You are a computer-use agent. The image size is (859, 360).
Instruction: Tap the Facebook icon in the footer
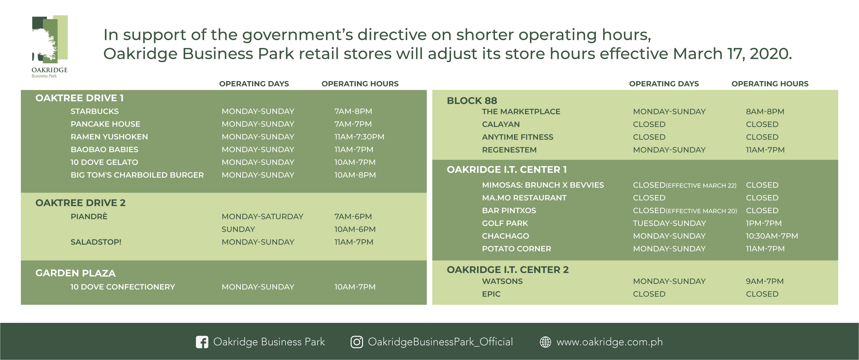202,342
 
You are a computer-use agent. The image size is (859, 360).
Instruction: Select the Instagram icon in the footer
356,342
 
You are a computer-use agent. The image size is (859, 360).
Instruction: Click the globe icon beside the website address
546,342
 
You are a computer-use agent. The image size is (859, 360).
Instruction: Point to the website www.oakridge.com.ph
610,342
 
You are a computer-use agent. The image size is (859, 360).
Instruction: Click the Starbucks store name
94,111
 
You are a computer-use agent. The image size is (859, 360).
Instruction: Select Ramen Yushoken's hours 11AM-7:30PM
359,137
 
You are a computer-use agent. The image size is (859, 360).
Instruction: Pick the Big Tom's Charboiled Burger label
137,175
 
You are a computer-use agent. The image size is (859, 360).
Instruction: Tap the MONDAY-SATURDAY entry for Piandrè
262,217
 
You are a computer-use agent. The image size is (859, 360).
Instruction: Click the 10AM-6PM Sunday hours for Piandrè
355,229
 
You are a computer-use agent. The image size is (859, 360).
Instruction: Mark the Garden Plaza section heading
75,273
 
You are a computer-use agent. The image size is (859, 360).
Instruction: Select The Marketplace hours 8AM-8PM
765,111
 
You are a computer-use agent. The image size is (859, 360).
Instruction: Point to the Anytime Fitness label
517,137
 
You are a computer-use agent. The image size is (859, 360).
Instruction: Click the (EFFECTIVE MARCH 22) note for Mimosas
701,185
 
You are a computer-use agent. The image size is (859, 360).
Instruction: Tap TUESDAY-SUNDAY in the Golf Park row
669,223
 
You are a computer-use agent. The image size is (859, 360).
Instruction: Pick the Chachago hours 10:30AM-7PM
772,236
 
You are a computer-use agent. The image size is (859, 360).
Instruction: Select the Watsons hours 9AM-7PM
765,281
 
